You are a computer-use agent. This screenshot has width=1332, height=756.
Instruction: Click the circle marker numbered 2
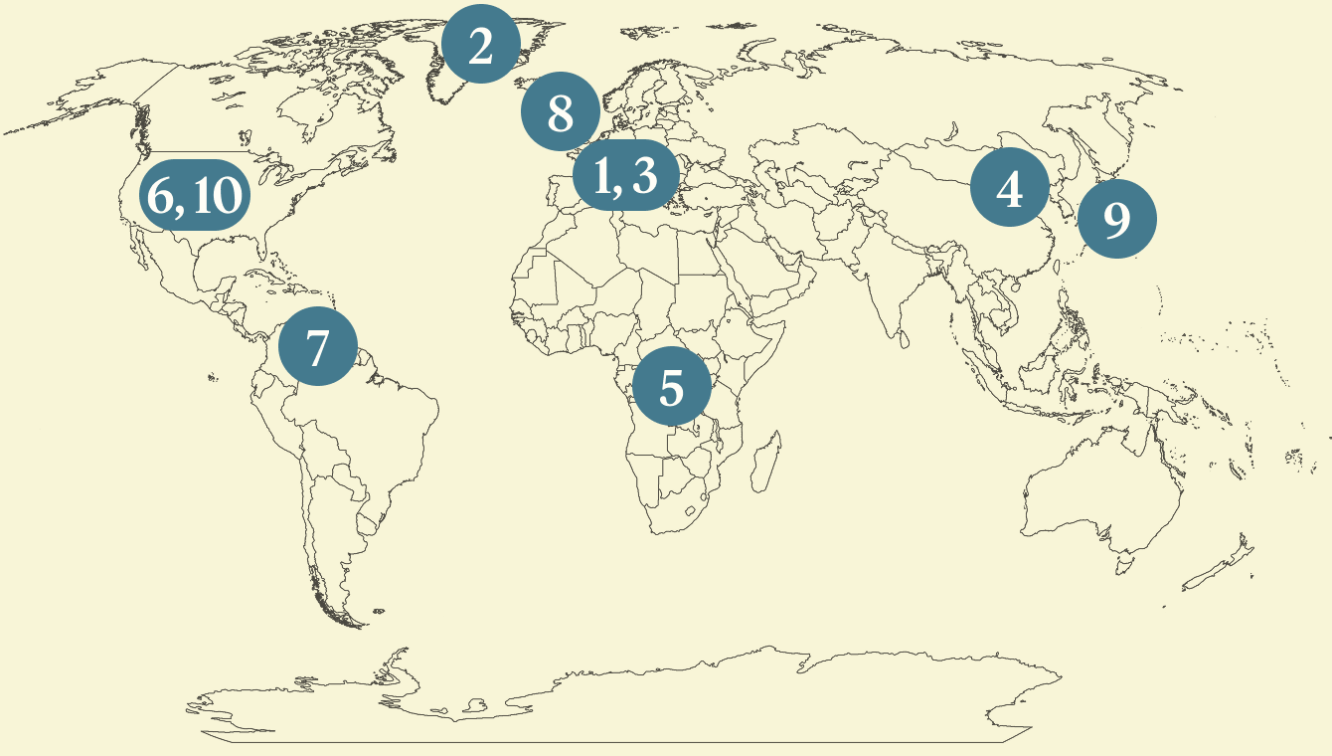pos(481,46)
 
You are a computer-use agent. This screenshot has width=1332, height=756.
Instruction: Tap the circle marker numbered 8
pos(561,112)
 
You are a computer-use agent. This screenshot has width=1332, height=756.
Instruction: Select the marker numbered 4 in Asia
pos(1009,188)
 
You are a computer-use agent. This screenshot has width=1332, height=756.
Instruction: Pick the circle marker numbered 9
pos(1117,220)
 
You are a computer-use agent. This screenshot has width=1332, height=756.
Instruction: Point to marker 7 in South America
pos(317,348)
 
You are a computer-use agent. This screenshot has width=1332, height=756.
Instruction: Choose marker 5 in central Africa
pos(672,387)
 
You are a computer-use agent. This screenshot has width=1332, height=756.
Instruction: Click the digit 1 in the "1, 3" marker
pos(601,177)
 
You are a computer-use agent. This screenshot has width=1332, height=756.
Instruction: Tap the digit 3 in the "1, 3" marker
pos(644,177)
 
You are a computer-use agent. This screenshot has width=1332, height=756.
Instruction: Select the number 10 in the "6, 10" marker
pos(217,196)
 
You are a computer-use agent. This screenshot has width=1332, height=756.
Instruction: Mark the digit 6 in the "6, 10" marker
pos(160,196)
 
